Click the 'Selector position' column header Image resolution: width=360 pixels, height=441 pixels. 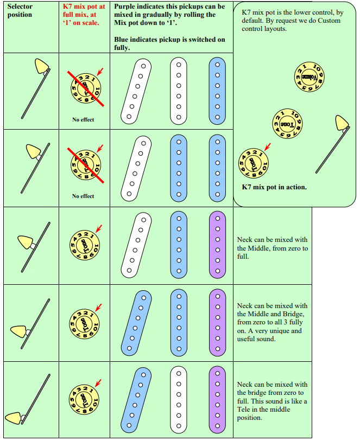[x=20, y=10]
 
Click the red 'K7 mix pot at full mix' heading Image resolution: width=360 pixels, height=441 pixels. [x=84, y=14]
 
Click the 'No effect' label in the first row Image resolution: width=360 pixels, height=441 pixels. [x=83, y=119]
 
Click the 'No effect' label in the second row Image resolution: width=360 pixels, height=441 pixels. [x=83, y=196]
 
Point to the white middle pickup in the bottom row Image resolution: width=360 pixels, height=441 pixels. [x=178, y=399]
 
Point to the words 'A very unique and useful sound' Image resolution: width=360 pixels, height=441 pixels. [x=269, y=335]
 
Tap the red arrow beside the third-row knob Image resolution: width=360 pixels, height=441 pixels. [x=98, y=228]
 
